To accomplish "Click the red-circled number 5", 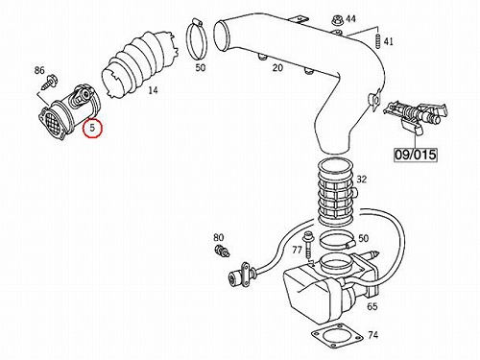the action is pos(92,128).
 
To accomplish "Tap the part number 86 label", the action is pos(39,70).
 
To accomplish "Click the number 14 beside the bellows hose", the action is pos(153,90).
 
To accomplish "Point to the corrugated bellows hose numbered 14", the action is pos(141,64).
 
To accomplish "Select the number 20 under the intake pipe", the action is pos(277,68).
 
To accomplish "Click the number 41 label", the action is pos(388,41).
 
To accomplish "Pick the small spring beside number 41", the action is pos(378,40).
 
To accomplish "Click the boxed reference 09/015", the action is pos(415,155).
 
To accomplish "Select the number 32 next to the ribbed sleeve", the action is pos(362,180).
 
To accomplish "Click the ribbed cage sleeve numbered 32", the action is pos(337,192).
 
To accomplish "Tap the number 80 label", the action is pos(219,238).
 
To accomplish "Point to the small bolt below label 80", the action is pos(222,251).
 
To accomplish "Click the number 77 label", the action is pos(298,250).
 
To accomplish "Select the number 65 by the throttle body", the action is pos(372,306).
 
